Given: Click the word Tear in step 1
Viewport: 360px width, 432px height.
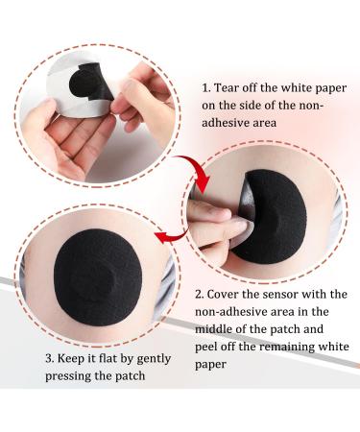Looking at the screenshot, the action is tap(225, 87).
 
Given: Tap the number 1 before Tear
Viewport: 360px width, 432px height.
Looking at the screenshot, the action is tap(205, 88).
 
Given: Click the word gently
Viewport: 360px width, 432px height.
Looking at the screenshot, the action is tap(154, 359).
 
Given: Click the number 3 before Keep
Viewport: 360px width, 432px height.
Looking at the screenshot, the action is tap(49, 358).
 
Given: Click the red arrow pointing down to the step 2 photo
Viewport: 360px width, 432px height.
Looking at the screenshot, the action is tap(196, 171).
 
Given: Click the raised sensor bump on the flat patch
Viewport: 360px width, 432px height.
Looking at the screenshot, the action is tap(98, 278).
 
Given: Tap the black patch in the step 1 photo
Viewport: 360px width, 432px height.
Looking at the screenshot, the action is tap(90, 82).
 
